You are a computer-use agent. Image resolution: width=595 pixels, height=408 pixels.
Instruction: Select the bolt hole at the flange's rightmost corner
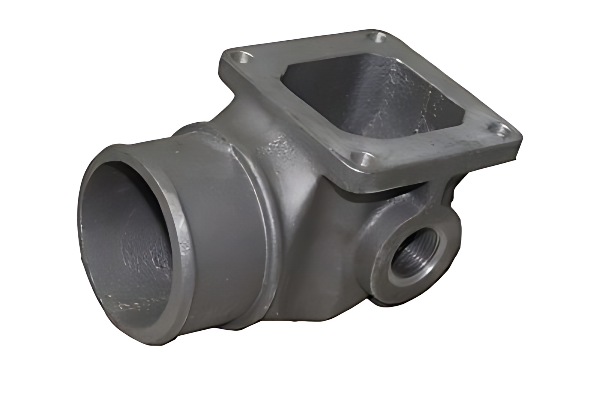(499, 130)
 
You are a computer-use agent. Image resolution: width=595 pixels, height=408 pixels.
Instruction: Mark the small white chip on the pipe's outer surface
(175, 152)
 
